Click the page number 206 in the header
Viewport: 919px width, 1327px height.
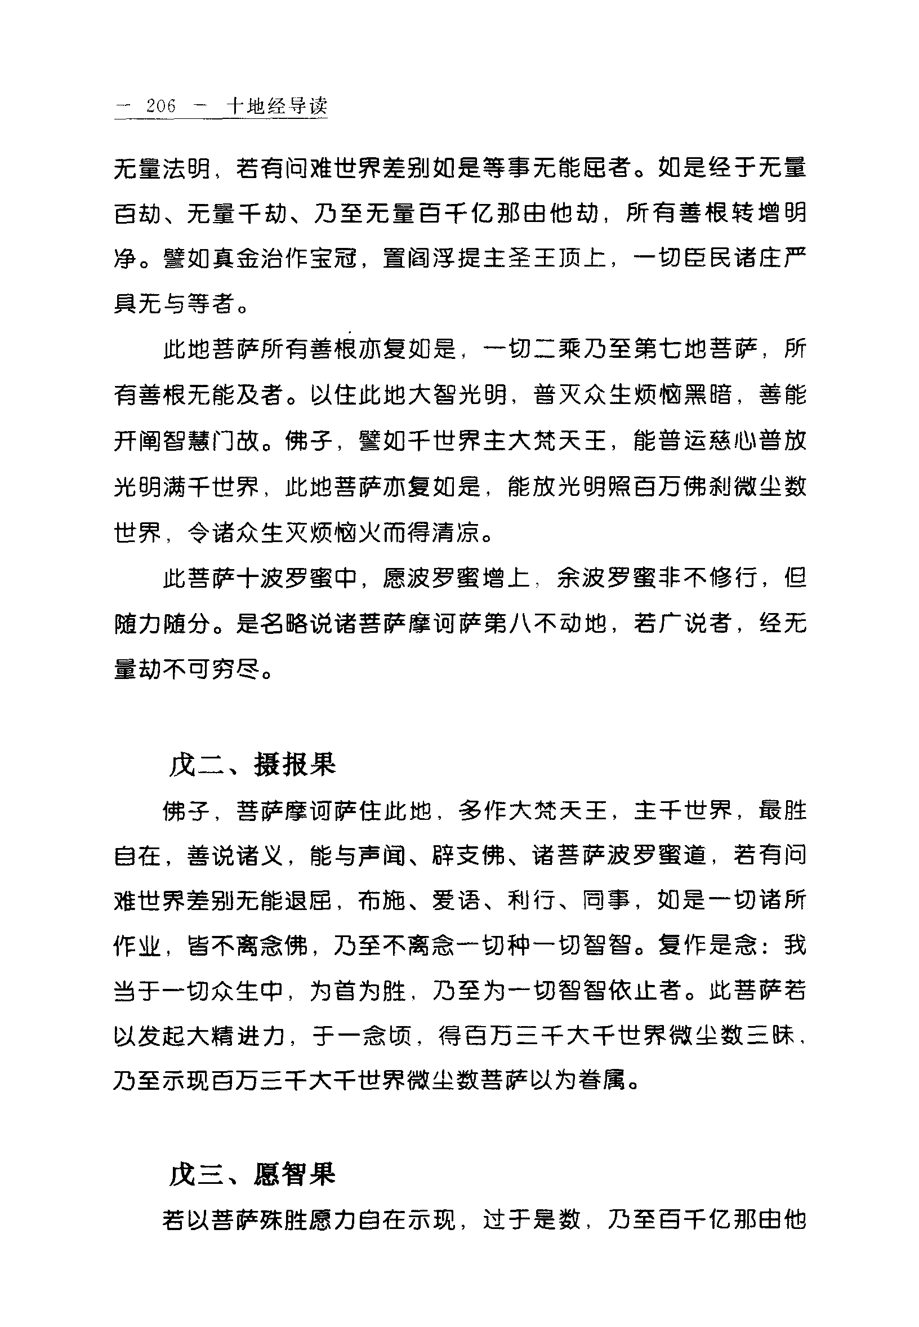click(160, 106)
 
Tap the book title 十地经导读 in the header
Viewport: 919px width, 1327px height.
click(277, 106)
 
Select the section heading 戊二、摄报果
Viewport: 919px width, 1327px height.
click(252, 765)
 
